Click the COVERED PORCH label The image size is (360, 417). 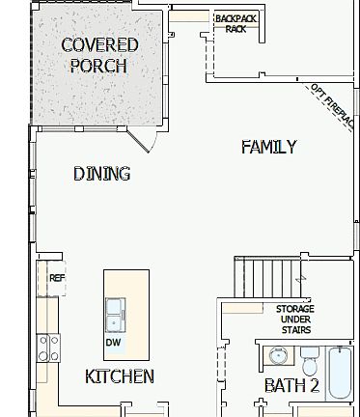pos(99,55)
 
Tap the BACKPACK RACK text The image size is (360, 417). pos(235,24)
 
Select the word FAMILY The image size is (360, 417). pos(268,147)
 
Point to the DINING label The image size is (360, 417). pos(102,174)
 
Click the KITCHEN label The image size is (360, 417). pos(120,376)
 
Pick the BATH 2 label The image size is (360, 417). pos(291,386)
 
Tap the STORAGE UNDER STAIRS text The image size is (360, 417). pos(295,319)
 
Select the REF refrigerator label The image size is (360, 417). pos(57,278)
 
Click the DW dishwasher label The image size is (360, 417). pos(113,343)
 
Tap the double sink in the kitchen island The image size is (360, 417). pos(114,315)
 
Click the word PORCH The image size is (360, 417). pos(99,66)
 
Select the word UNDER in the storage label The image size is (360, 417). pos(295,320)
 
